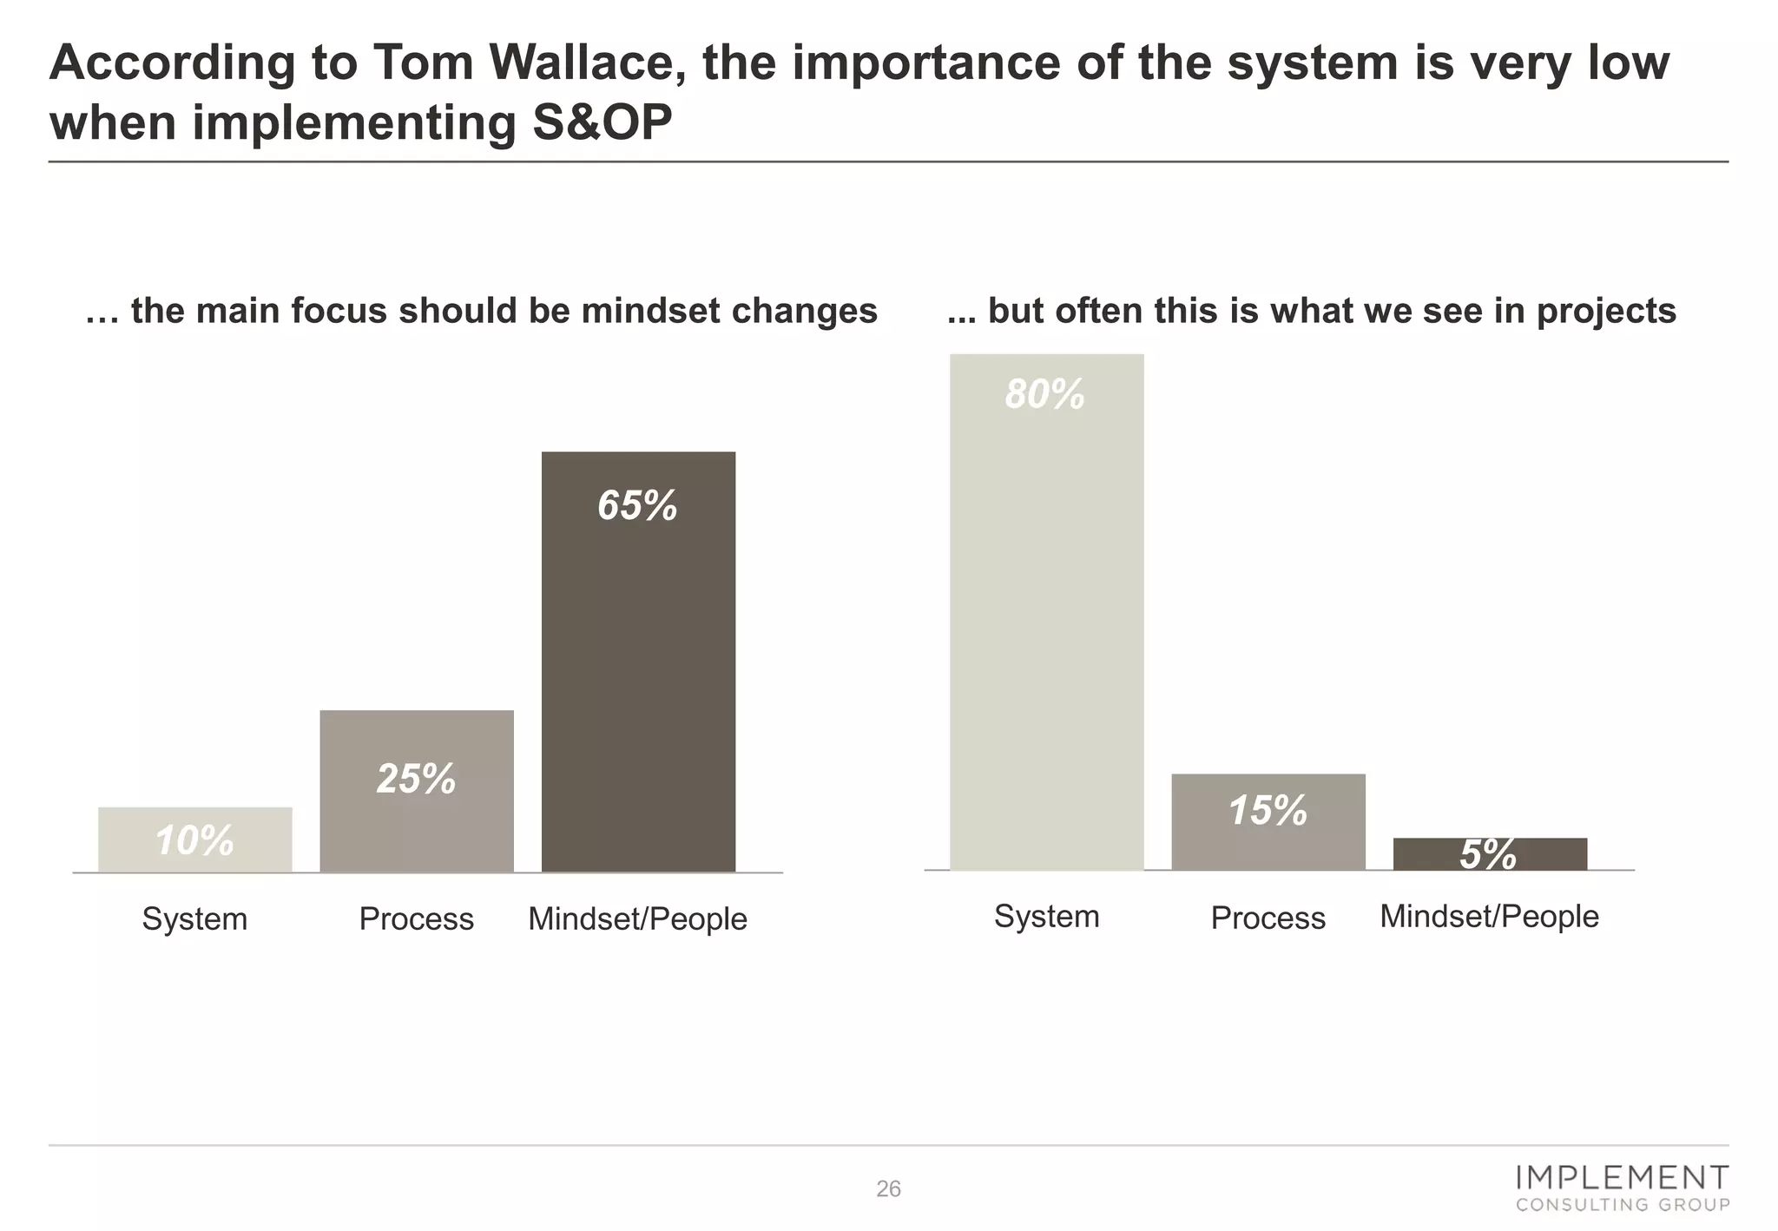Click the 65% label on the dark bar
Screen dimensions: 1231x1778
637,505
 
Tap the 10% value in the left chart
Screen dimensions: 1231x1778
194,840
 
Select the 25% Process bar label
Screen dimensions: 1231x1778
416,778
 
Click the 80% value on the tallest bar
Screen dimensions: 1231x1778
1045,394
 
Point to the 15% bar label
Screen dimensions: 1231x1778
1268,810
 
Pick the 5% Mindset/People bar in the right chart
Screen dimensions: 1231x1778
1489,854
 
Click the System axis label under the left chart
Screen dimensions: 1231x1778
194,918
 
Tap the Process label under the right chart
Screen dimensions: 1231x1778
1268,918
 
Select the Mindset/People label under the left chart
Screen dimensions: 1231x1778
637,918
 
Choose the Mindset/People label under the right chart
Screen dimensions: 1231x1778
1489,917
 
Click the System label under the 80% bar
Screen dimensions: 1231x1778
1046,917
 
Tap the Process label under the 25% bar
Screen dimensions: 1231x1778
416,918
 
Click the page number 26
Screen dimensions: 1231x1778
888,1188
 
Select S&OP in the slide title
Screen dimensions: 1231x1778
602,122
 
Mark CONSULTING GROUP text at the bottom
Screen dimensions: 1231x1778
1622,1205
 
